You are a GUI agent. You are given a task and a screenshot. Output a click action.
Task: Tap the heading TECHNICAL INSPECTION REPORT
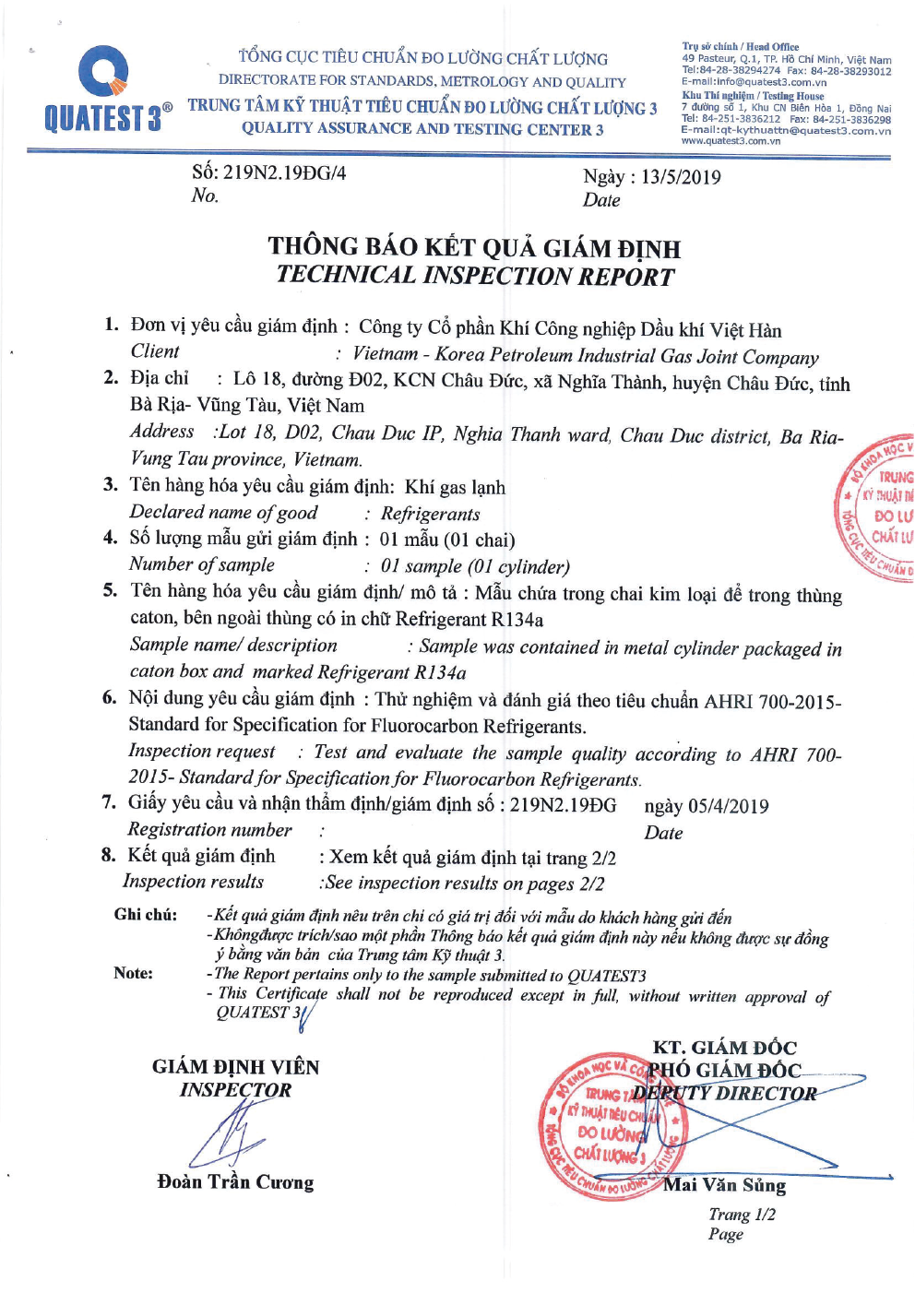point(475,276)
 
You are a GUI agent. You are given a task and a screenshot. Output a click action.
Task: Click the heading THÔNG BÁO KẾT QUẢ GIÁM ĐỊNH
point(474,247)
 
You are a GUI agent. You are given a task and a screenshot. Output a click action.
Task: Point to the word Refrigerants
point(430,514)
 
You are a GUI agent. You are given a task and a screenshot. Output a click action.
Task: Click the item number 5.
point(110,590)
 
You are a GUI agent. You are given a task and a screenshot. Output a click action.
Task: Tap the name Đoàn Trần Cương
point(235,1182)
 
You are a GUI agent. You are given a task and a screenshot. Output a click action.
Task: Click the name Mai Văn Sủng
point(725,1185)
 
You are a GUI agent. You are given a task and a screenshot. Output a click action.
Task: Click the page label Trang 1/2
point(743,1215)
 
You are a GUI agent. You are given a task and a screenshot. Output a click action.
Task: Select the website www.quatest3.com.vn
point(731,141)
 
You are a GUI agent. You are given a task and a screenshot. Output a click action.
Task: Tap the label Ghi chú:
point(146,914)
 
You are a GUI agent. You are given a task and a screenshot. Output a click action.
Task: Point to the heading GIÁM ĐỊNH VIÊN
point(235,1067)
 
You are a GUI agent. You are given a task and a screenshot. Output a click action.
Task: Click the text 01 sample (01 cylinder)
point(475,566)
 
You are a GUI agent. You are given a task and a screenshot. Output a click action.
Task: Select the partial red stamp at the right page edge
point(876,507)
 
